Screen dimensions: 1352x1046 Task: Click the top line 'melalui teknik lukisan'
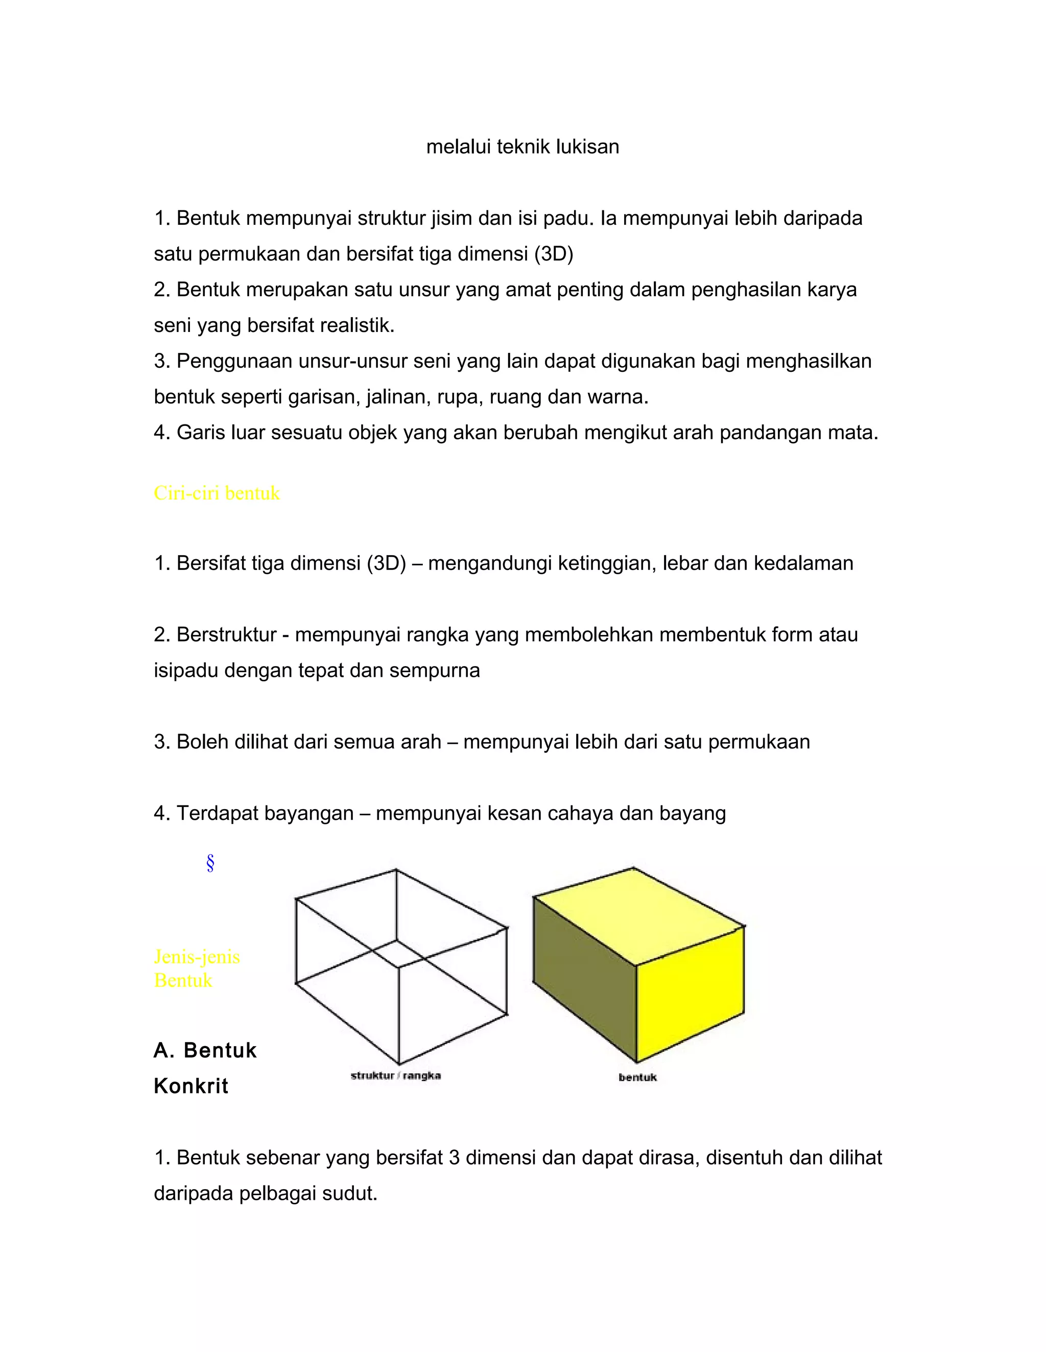point(522,147)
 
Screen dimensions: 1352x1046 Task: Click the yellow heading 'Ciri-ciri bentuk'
point(217,493)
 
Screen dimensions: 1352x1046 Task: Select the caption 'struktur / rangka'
point(395,1076)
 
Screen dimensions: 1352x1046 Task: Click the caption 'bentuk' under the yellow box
point(637,1078)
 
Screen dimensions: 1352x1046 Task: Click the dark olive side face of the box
point(585,978)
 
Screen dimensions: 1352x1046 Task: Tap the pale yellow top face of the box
point(637,913)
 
